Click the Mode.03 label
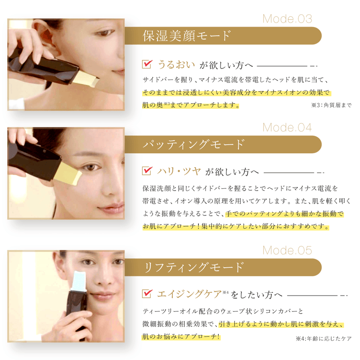(x=287, y=19)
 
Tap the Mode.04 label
(x=287, y=128)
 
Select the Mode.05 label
(x=287, y=250)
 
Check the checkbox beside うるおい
(x=147, y=64)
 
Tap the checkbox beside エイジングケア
(x=147, y=294)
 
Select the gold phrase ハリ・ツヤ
(x=178, y=171)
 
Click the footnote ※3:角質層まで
(x=331, y=105)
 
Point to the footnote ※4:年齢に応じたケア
(x=323, y=338)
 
